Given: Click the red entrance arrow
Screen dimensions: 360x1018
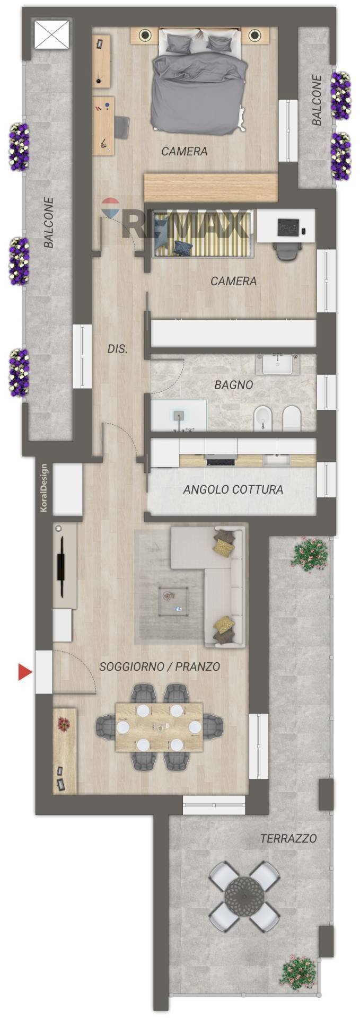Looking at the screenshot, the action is pos(25,672).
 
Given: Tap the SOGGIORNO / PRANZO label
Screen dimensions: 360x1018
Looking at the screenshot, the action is pos(160,666).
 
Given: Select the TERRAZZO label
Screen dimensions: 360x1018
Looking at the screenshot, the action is pos(288,838).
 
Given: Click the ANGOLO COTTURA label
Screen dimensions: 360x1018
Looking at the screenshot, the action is pos(233,489).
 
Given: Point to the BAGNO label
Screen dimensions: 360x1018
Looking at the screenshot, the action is pos(233,385).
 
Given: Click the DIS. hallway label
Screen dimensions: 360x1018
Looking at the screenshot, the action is pos(117,349).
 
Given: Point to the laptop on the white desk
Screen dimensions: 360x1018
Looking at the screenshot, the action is pos(288,227).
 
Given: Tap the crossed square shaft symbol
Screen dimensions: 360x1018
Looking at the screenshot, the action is pos(52,35).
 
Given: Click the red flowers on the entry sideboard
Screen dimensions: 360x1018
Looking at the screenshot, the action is pos(64,723).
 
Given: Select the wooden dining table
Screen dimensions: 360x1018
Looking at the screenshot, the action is pos(159,727).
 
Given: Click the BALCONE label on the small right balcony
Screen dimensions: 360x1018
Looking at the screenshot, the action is pos(317,100).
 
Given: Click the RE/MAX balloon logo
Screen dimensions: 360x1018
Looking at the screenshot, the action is pos(111,208).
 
